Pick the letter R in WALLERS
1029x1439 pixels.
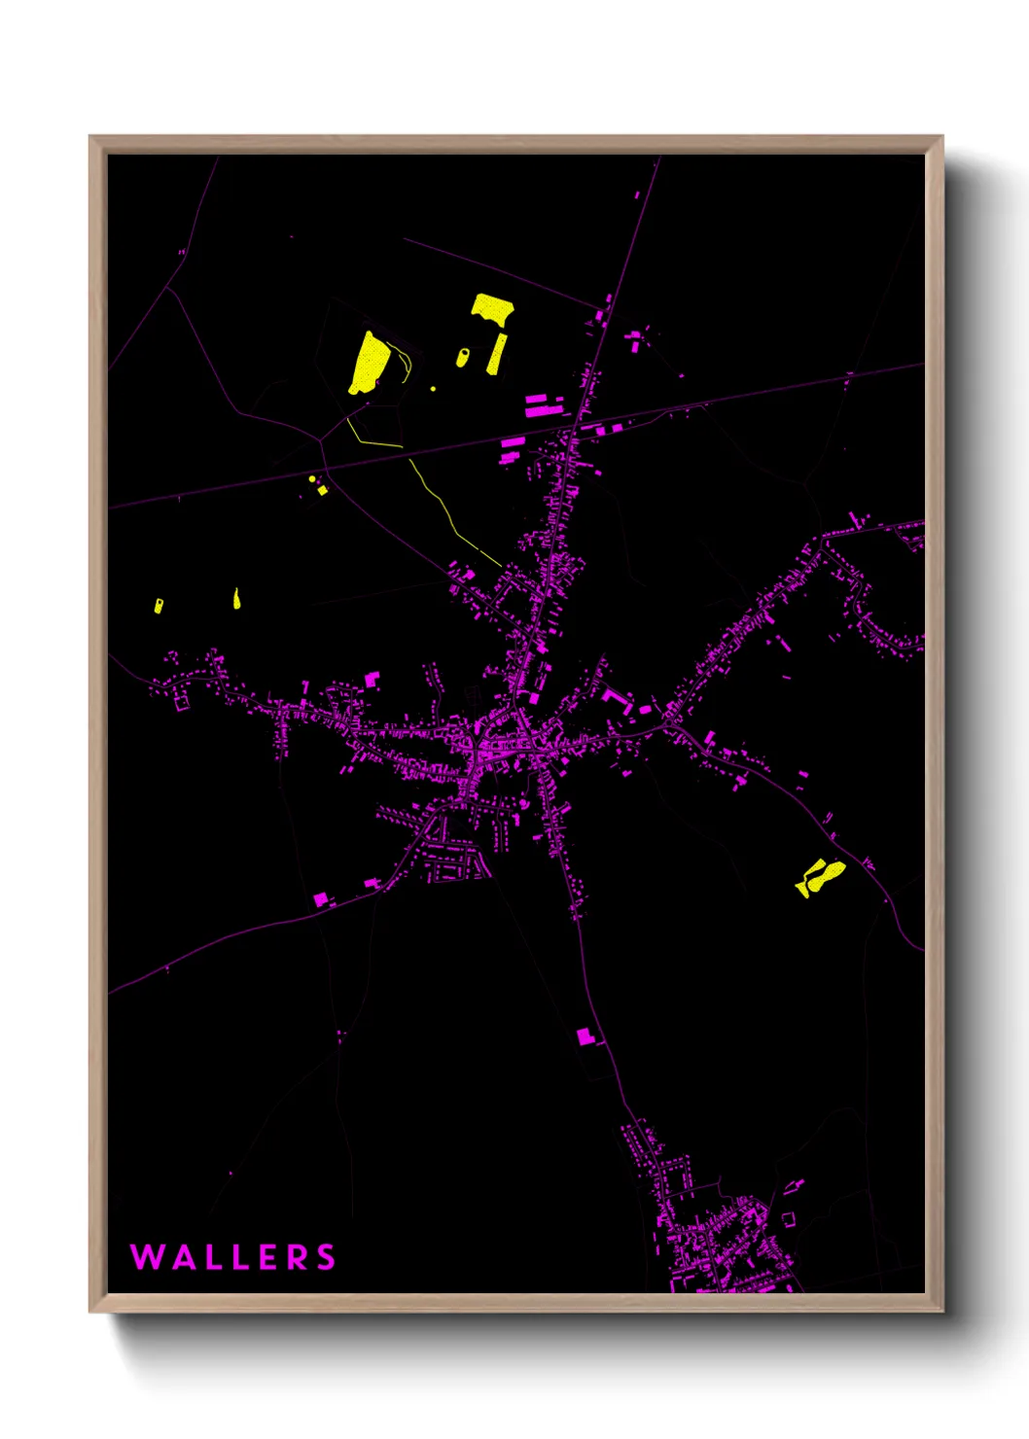click(299, 1257)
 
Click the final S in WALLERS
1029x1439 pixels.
click(327, 1257)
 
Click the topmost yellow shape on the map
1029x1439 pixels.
click(493, 309)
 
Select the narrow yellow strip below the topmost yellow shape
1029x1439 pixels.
click(497, 354)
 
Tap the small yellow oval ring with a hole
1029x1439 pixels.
click(462, 358)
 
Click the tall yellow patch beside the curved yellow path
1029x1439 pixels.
click(371, 363)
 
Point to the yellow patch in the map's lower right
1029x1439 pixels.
click(820, 876)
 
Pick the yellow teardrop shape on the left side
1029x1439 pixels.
click(236, 599)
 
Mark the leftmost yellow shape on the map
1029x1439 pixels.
click(158, 606)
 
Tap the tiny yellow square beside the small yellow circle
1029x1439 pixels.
click(322, 490)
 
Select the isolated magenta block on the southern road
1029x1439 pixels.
click(585, 1036)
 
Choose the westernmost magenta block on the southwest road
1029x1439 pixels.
click(321, 899)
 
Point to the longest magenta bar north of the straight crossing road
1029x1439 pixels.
click(544, 411)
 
